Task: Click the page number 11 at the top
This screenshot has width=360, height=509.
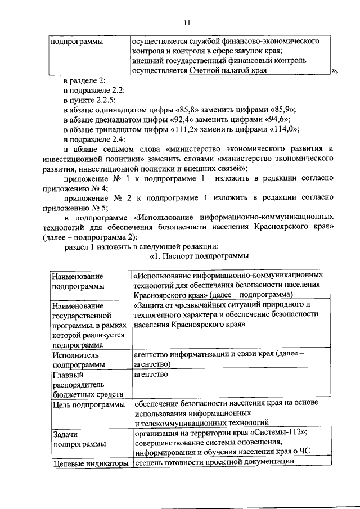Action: [x=187, y=22]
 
